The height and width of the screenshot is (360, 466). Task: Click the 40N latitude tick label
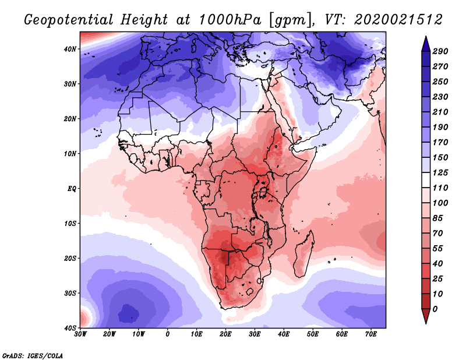[x=70, y=49]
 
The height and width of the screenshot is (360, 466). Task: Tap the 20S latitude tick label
[x=70, y=258]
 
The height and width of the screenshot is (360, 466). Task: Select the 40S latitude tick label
[x=70, y=328]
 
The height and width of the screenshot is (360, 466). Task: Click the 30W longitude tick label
[x=80, y=334]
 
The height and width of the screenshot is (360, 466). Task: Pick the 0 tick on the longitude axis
[x=168, y=334]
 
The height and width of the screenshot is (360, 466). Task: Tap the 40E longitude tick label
[x=284, y=334]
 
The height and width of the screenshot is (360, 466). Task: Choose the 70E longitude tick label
[x=371, y=334]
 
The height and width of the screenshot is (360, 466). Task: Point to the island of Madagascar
[x=305, y=253]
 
